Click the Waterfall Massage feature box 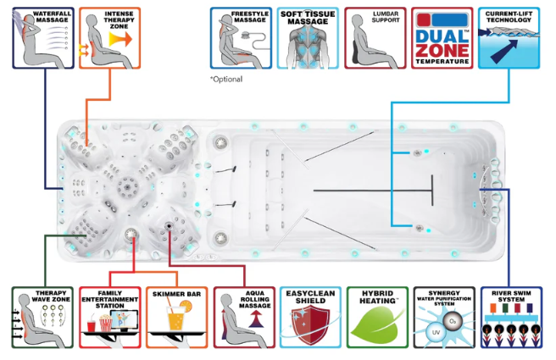(x=43, y=37)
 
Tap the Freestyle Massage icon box (x=241, y=37)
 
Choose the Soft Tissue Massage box (x=307, y=37)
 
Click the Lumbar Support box (x=373, y=37)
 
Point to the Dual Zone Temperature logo (x=441, y=37)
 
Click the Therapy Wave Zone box (x=42, y=317)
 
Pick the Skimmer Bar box (x=175, y=317)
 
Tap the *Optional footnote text (x=226, y=79)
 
